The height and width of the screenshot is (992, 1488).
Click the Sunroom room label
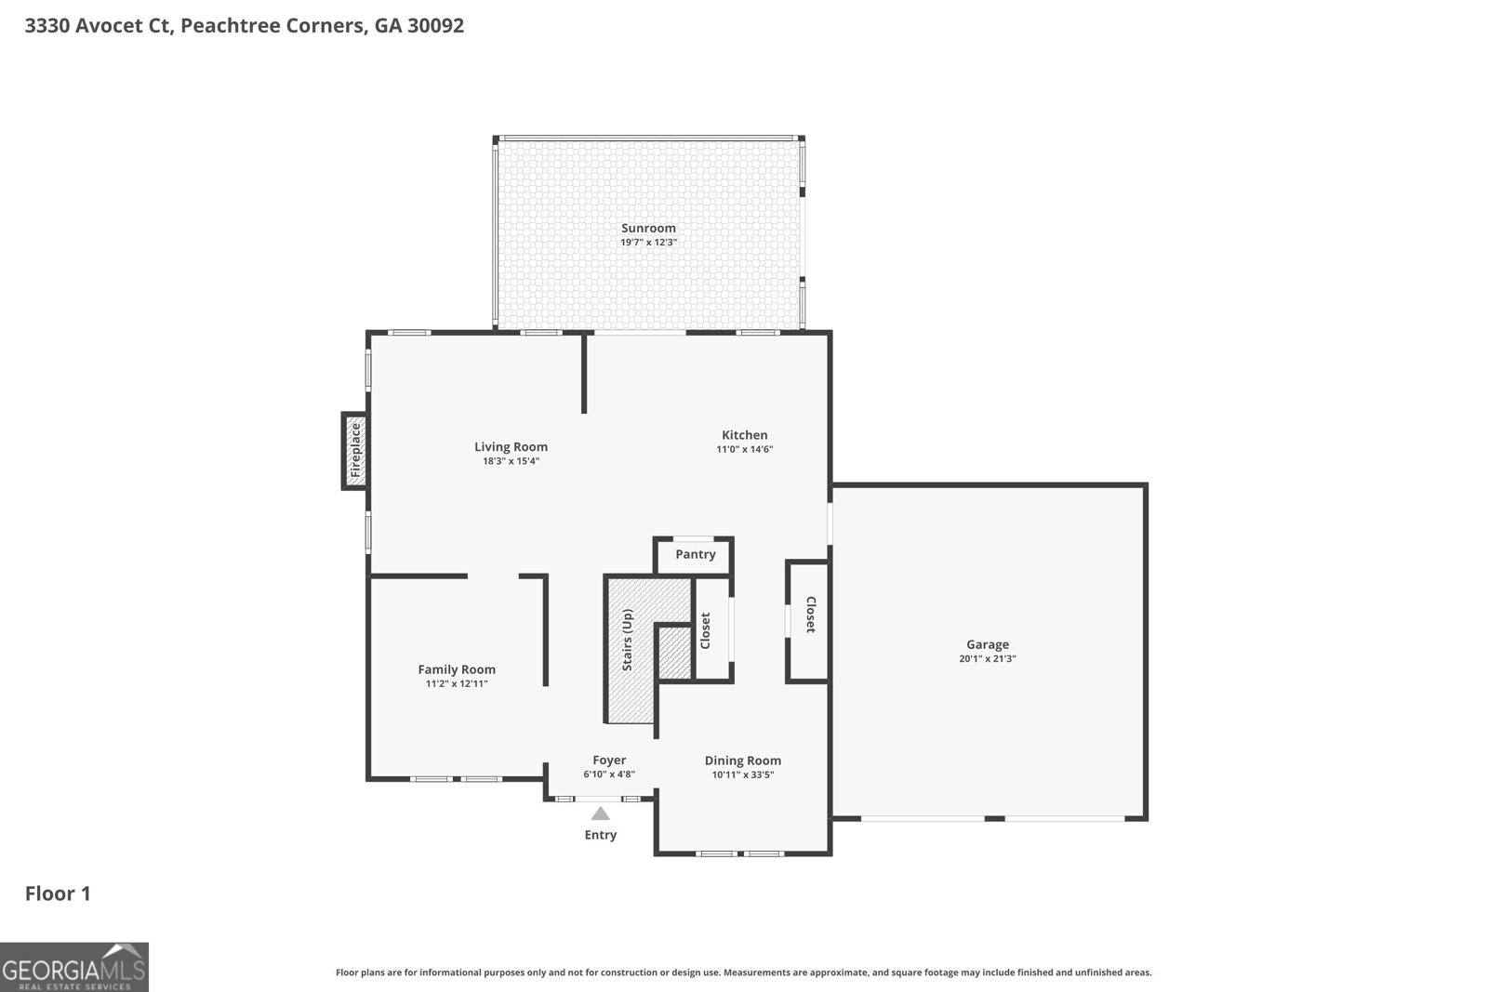pyautogui.click(x=648, y=228)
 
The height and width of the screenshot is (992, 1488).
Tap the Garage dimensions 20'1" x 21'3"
pyautogui.click(x=987, y=658)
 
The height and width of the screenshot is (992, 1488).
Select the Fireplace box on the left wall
pyautogui.click(x=354, y=451)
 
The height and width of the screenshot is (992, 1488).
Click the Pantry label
pyautogui.click(x=695, y=554)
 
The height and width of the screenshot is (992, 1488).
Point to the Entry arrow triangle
pyautogui.click(x=601, y=814)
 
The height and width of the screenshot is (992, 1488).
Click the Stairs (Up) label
pyautogui.click(x=628, y=640)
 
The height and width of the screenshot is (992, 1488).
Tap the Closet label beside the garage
pyautogui.click(x=810, y=615)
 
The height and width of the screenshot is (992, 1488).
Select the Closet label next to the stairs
pyautogui.click(x=705, y=630)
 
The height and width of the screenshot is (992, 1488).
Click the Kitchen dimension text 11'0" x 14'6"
pyautogui.click(x=744, y=449)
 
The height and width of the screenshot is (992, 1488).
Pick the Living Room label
pyautogui.click(x=511, y=446)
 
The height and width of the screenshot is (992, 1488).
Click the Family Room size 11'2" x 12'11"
pyautogui.click(x=456, y=683)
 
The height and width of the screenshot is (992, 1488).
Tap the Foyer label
pyautogui.click(x=609, y=760)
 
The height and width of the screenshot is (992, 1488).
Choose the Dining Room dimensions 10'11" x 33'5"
pyautogui.click(x=742, y=774)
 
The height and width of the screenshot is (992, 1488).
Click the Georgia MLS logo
pyautogui.click(x=73, y=967)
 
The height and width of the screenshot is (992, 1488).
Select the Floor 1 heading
pyautogui.click(x=58, y=893)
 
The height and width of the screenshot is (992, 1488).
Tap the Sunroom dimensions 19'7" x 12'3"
pyautogui.click(x=648, y=242)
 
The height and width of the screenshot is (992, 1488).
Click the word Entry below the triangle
pyautogui.click(x=600, y=835)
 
